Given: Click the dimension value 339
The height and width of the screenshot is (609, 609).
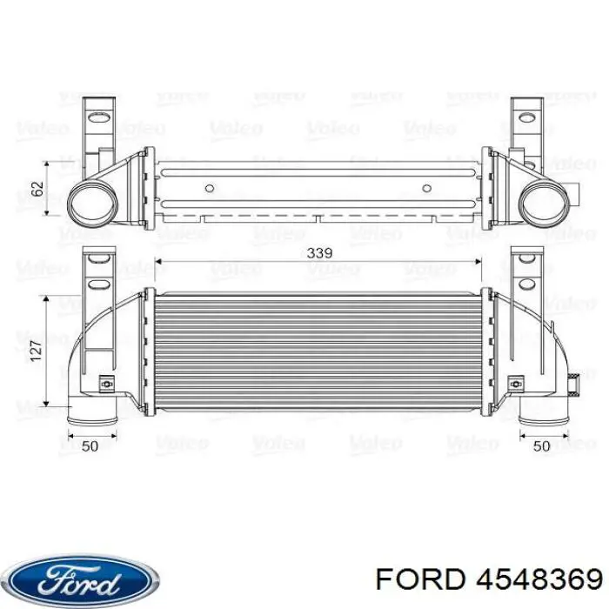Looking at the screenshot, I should [319, 253].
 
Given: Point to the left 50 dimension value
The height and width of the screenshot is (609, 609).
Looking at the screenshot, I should [89, 445].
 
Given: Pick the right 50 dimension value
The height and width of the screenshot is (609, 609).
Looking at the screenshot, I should [541, 445].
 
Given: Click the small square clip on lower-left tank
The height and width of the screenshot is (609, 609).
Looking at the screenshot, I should [105, 381].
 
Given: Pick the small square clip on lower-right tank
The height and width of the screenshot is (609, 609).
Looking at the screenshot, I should [517, 381].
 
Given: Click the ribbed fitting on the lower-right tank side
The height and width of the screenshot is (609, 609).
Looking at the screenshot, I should [574, 380].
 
